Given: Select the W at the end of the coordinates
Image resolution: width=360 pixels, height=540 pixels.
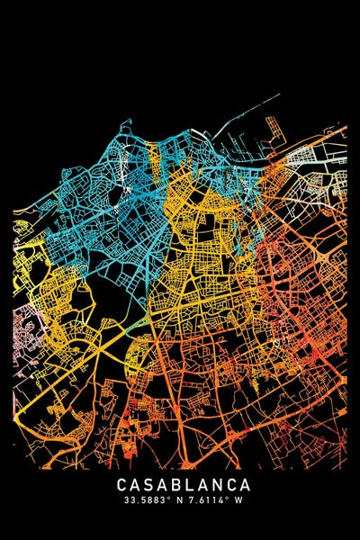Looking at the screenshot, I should (x=238, y=500).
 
